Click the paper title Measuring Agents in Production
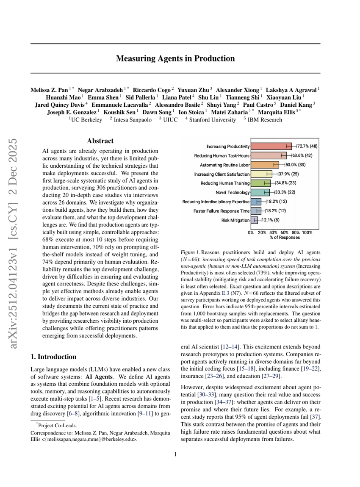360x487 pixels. (175, 58)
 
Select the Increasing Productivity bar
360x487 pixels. (271, 146)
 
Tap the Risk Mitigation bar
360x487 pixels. (254, 220)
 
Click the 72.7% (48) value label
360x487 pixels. (307, 146)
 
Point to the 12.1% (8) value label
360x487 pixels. (269, 220)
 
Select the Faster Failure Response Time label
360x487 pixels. (222, 211)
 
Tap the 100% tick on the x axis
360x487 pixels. (307, 232)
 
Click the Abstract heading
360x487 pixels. (100, 141)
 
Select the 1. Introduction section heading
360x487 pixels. (54, 357)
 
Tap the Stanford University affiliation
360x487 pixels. (212, 120)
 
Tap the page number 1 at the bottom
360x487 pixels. (175, 455)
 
